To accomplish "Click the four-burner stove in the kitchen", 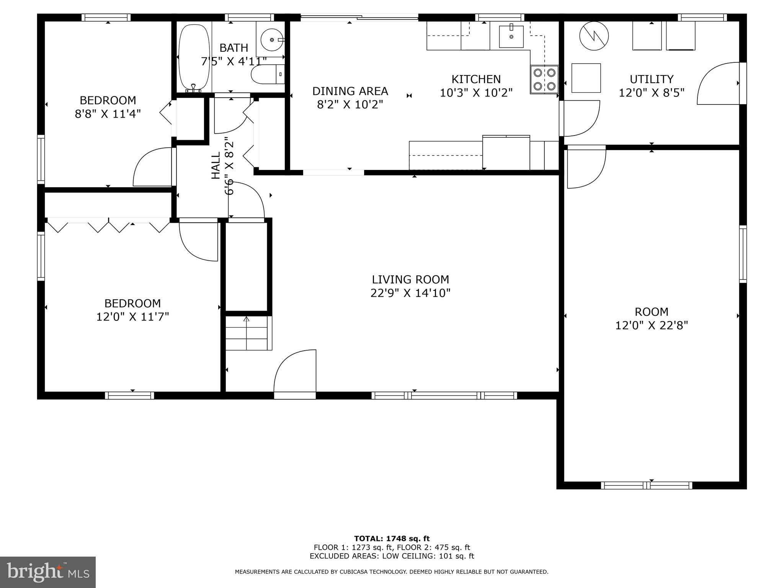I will point(544,80).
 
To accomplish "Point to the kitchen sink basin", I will point(511,37).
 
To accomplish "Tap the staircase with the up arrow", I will point(248,333).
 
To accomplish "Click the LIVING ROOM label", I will point(410,279).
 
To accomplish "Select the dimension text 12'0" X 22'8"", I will point(652,325).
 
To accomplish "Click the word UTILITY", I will point(651,79).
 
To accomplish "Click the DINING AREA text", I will point(350,91).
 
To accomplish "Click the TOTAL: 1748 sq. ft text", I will point(392,539).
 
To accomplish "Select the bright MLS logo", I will point(48,572).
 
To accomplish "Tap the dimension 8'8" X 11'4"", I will point(108,114).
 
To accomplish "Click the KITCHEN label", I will point(476,79).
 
